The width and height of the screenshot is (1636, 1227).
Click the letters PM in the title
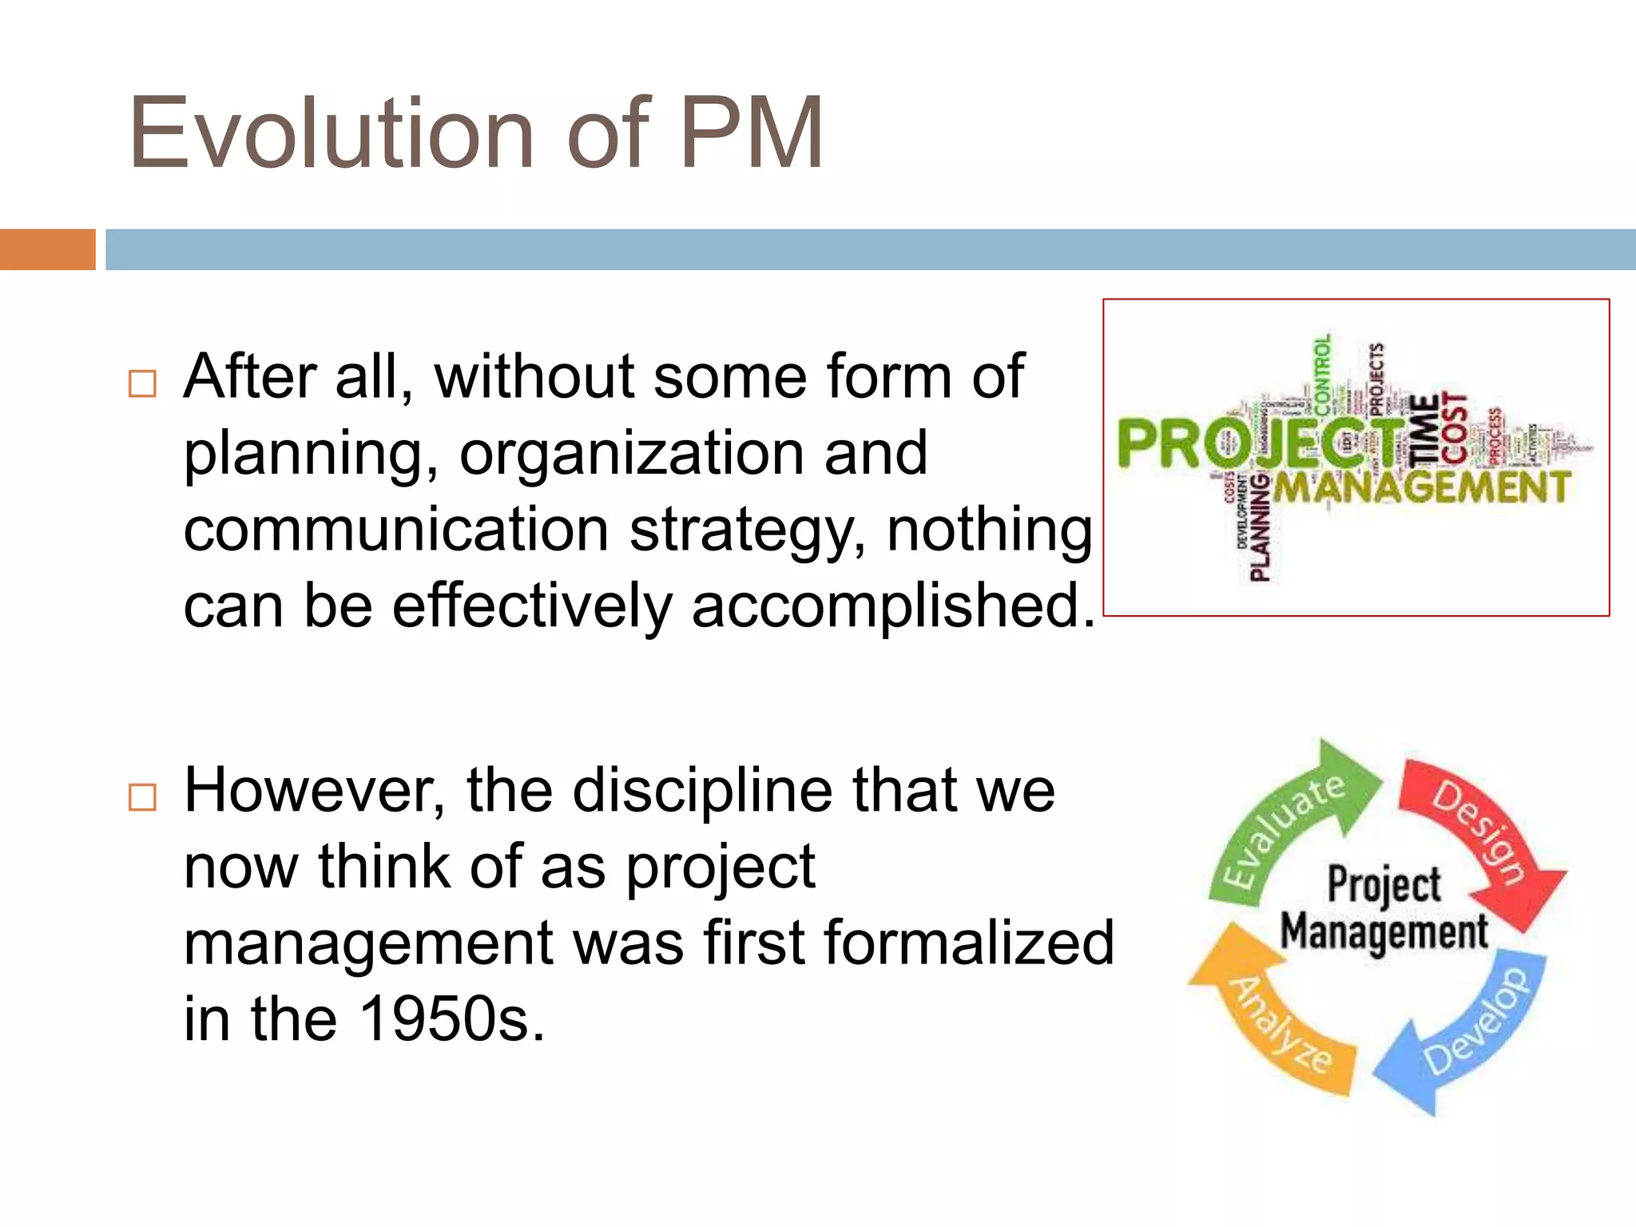(751, 133)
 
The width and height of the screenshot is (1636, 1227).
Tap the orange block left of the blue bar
(47, 249)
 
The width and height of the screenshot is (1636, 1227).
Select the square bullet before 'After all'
(142, 384)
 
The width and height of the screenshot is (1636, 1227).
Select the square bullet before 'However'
(142, 797)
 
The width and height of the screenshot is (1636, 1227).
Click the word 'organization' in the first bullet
(631, 454)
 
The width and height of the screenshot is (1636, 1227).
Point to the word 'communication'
(396, 530)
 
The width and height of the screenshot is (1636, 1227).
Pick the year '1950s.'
(451, 1020)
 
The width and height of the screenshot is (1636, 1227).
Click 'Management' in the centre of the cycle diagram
(1384, 931)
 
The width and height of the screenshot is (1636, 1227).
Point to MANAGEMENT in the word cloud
(1422, 487)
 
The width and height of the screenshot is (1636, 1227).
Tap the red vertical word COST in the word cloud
(1454, 428)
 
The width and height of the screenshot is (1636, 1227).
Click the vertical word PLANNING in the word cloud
(1260, 527)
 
